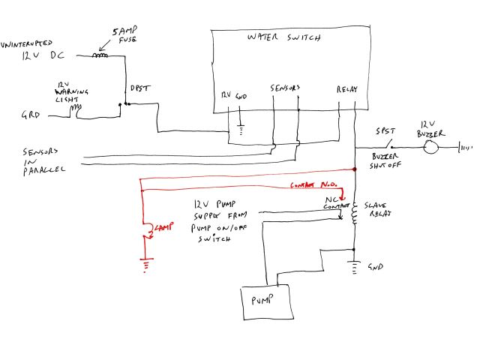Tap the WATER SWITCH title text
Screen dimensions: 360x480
[x=284, y=37]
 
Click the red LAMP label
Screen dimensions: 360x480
[x=163, y=226]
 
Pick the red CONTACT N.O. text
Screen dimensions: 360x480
[x=310, y=185]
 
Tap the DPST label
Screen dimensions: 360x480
[x=140, y=89]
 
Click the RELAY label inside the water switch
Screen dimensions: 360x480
[x=345, y=90]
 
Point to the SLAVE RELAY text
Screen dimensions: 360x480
[x=376, y=209]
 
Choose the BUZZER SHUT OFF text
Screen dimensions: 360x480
[x=388, y=162]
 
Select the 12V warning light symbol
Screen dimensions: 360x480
[x=76, y=109]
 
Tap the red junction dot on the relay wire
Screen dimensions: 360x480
[x=354, y=170]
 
